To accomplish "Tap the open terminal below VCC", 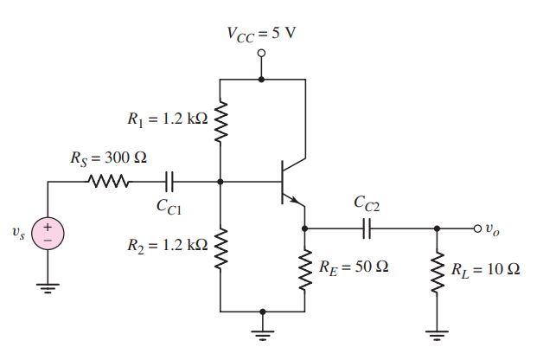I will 262,53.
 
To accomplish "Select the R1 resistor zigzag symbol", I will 220,121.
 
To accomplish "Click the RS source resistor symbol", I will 109,182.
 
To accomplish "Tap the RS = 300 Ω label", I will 108,159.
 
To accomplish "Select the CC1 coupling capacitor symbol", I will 169,182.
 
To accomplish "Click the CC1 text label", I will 169,207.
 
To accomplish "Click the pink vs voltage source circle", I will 47,232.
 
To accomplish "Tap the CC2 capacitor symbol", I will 367,228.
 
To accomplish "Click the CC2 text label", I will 367,204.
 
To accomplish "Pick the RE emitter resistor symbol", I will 305,268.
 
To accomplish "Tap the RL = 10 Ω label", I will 487,269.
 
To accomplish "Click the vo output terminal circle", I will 478,228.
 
